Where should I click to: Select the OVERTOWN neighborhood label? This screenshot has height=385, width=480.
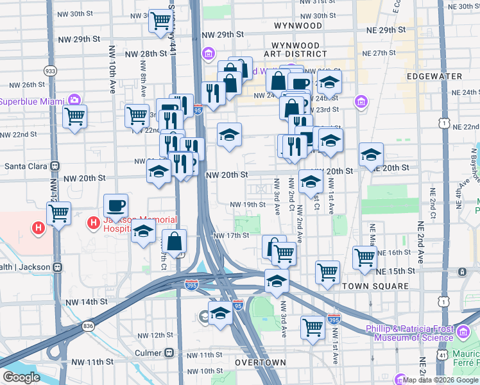click(260, 363)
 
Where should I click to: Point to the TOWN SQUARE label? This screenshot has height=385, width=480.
click(376, 286)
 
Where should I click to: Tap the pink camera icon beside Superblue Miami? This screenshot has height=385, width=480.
click(74, 100)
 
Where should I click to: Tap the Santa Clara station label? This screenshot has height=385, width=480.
click(26, 166)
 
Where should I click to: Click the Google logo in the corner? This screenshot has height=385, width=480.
click(21, 377)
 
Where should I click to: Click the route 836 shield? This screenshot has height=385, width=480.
click(88, 327)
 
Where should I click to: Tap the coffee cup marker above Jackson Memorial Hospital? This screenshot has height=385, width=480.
click(116, 205)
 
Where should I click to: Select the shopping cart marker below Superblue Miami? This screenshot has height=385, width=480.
click(75, 117)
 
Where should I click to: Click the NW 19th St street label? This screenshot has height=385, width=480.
click(247, 205)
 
